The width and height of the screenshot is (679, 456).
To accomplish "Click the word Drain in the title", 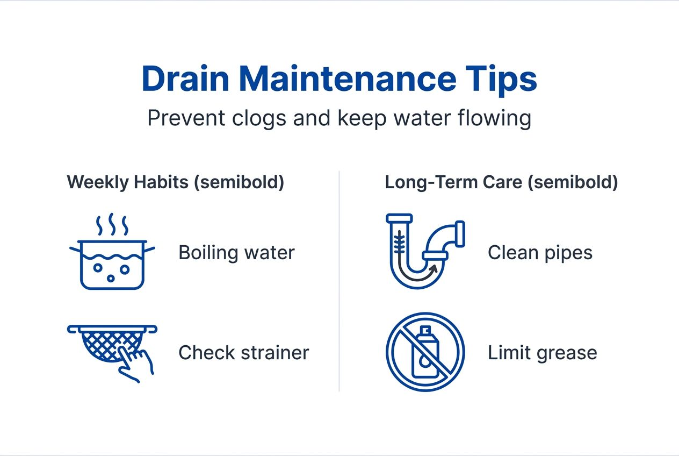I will tap(185, 80).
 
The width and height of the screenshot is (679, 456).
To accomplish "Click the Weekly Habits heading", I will tap(175, 182).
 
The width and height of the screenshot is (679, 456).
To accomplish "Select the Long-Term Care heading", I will tap(501, 182).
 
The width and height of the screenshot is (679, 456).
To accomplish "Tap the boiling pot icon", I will tap(113, 263).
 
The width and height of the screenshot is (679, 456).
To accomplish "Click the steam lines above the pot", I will tap(112, 225).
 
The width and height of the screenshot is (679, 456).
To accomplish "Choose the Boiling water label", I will tap(236, 253).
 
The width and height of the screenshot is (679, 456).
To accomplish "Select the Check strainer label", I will tap(243, 353).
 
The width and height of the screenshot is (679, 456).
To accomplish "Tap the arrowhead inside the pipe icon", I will tap(445, 261).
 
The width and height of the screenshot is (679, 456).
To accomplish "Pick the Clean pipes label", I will tap(540, 253).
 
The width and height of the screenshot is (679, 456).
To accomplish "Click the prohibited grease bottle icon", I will tap(425, 352).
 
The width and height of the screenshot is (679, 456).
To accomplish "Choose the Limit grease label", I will tap(542, 353).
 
